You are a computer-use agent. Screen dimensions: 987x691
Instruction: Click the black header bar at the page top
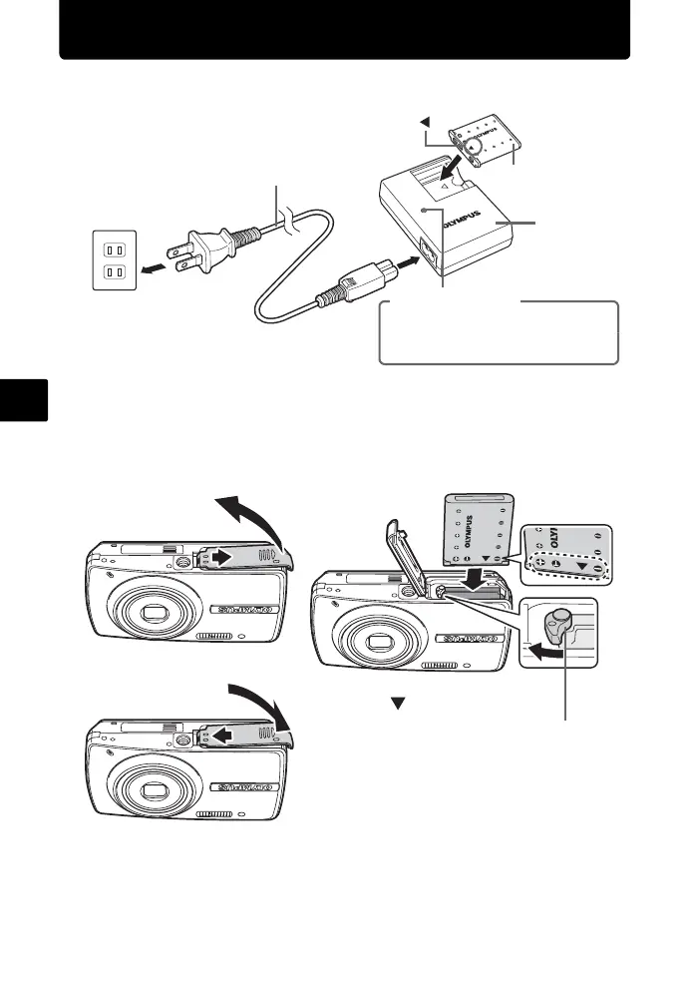[344, 30]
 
